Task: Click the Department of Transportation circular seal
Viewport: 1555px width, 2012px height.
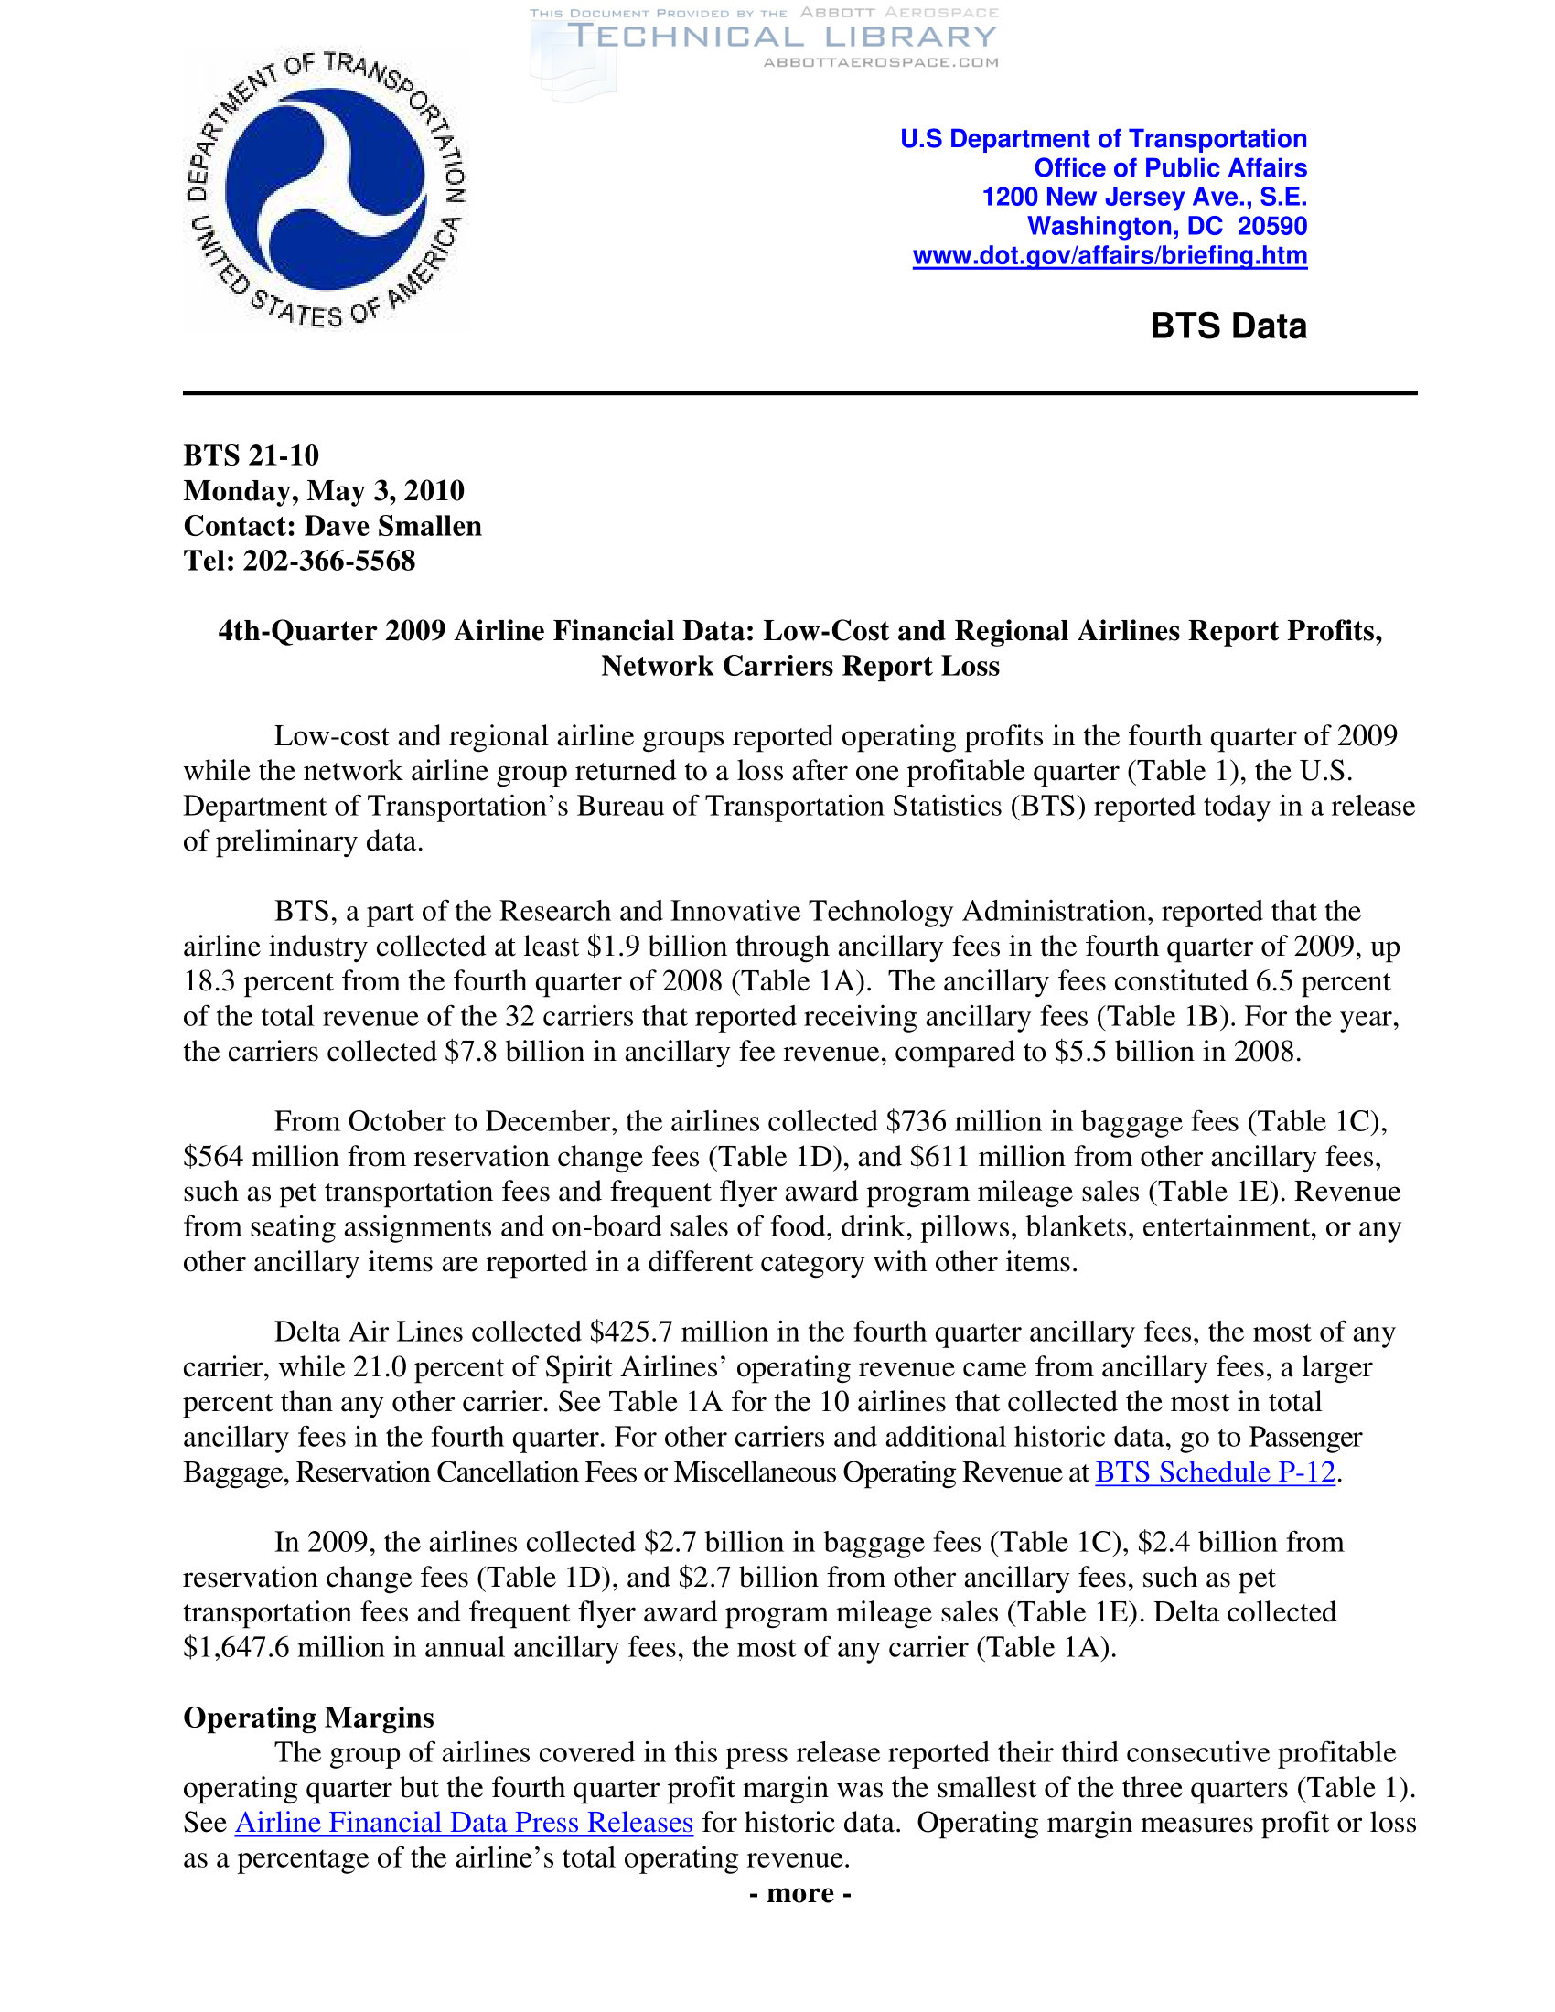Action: (x=327, y=190)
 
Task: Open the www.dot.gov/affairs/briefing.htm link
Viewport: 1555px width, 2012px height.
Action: (x=1110, y=256)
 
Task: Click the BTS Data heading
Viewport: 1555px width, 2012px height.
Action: (x=1228, y=326)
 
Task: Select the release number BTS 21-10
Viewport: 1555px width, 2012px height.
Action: (x=251, y=455)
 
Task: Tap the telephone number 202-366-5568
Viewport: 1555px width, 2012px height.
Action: (x=329, y=560)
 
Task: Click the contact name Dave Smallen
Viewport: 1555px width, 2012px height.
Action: (x=392, y=525)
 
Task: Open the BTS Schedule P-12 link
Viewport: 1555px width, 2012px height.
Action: (x=1214, y=1472)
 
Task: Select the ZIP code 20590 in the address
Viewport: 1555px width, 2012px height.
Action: (x=1272, y=227)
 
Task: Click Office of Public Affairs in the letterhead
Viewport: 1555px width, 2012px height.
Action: (x=1170, y=168)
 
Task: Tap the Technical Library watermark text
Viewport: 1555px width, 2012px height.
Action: (x=782, y=37)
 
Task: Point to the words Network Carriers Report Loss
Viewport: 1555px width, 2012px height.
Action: (x=799, y=666)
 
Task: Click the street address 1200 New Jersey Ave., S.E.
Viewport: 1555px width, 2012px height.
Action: (x=1144, y=198)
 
